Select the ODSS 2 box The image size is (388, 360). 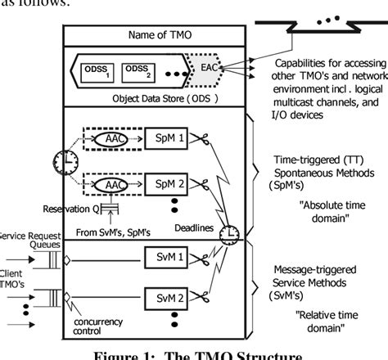pyautogui.click(x=142, y=71)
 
